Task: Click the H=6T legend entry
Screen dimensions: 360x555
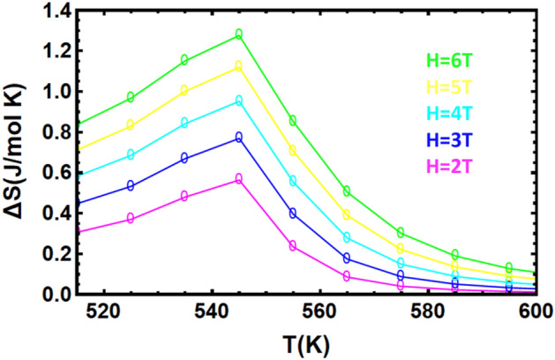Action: (x=450, y=61)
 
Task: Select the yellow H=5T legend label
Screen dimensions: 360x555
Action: (x=450, y=87)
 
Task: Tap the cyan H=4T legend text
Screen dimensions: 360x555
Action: (x=450, y=114)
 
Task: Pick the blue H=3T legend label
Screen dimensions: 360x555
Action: (x=450, y=139)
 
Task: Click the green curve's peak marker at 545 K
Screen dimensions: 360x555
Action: (x=238, y=34)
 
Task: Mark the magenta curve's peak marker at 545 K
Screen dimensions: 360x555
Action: (x=238, y=178)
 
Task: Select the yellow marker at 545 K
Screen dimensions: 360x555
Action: (x=238, y=66)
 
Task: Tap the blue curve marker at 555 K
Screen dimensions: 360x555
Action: (x=293, y=213)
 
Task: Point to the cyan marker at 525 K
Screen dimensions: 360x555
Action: (x=131, y=154)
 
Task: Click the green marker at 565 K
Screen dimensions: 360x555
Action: (x=347, y=191)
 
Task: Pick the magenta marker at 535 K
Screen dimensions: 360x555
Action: (x=184, y=196)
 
